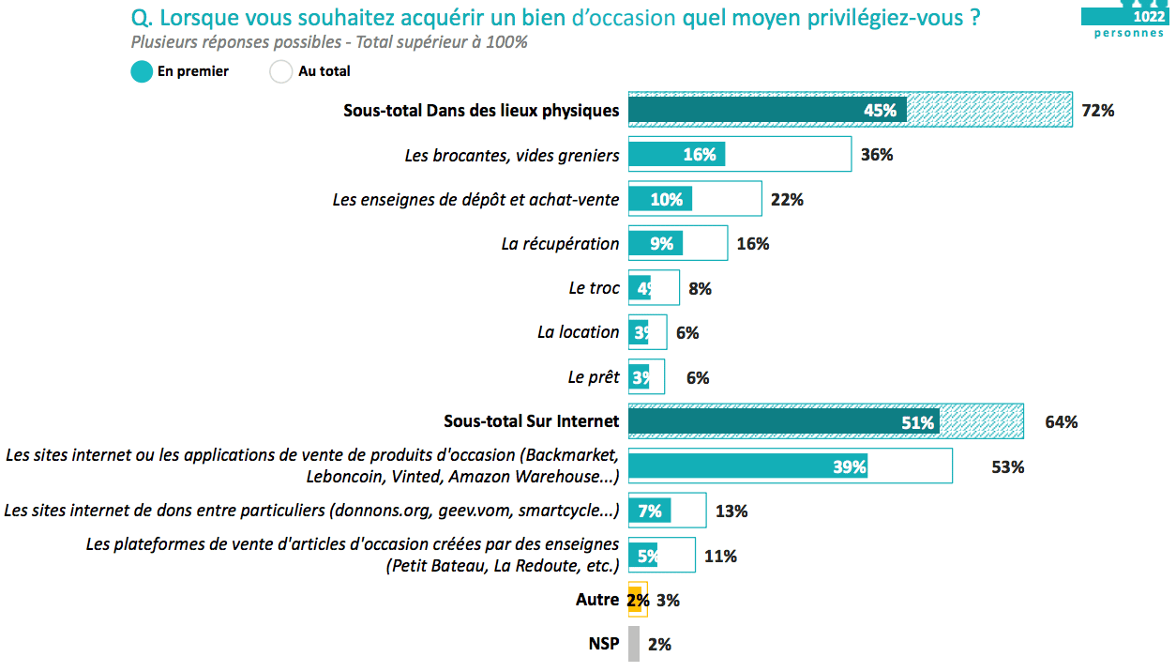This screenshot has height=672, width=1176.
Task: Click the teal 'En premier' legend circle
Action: pos(142,71)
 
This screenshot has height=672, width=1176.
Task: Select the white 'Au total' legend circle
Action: pos(281,71)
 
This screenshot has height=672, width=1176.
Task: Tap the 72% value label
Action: pos(1097,111)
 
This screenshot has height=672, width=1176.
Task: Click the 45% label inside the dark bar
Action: pos(880,111)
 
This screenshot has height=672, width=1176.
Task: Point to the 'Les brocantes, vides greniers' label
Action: pos(512,155)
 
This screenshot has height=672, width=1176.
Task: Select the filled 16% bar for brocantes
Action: pos(675,155)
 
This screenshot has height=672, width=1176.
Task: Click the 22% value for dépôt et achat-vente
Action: pos(787,199)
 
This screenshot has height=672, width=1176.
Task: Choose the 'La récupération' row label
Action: pos(560,244)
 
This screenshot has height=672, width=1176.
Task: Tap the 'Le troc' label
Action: pos(594,288)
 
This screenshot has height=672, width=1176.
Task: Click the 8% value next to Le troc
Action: pos(700,289)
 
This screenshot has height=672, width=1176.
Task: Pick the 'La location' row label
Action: pos(578,332)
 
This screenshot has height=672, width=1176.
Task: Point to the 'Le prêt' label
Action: pos(594,377)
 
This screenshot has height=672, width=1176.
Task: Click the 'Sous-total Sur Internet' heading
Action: pos(531,421)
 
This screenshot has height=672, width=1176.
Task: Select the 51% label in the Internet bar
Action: pos(917,422)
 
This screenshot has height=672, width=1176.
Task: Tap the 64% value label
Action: pos(1061,422)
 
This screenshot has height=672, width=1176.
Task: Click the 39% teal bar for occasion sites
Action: pos(750,466)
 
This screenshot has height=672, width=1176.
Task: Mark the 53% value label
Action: pos(1007,466)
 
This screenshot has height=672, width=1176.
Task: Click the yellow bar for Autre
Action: pos(635,600)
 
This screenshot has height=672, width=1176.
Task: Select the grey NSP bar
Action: pos(634,644)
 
